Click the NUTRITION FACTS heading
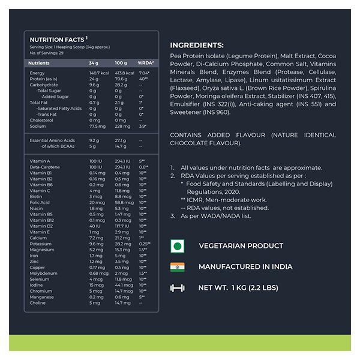pyautogui.click(x=58, y=40)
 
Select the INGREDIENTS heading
pyautogui.click(x=197, y=45)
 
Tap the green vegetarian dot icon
pyautogui.click(x=177, y=246)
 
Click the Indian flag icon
pyautogui.click(x=177, y=267)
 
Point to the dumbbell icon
pyautogui.click(x=177, y=288)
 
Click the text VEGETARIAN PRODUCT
pyautogui.click(x=241, y=246)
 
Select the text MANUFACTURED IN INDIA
pyautogui.click(x=245, y=267)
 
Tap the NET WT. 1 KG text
pyautogui.click(x=238, y=288)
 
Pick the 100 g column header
pyautogui.click(x=121, y=63)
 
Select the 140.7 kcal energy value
pyautogui.click(x=98, y=73)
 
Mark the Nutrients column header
pyautogui.click(x=39, y=63)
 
